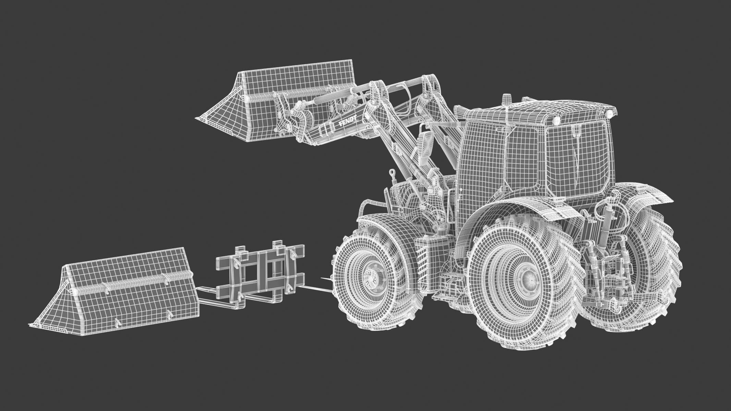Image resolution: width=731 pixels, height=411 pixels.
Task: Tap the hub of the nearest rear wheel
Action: [x=529, y=281]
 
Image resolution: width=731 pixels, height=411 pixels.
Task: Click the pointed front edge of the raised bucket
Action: [x=199, y=119]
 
